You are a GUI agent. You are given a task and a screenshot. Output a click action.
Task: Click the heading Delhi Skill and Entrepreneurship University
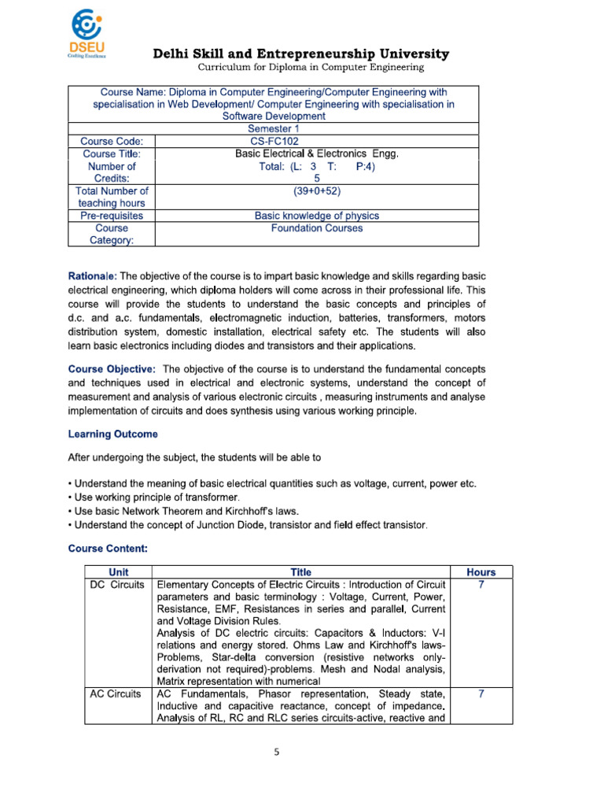[300, 54]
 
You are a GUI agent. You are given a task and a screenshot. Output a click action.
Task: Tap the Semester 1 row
[273, 128]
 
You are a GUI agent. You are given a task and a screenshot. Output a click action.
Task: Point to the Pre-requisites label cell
[112, 215]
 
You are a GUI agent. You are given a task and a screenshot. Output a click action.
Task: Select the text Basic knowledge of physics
[317, 215]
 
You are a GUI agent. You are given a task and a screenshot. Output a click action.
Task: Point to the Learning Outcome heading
[112, 434]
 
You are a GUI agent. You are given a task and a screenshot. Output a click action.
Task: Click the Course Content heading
[108, 546]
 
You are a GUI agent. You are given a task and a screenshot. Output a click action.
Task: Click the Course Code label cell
[112, 141]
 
